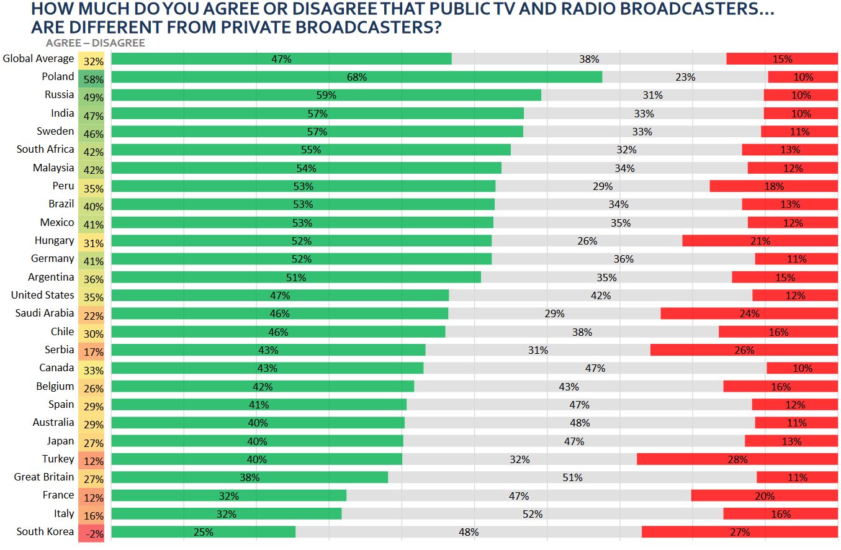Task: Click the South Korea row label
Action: point(45,531)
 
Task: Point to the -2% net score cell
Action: point(92,533)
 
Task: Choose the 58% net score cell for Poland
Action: point(92,79)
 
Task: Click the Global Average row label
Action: point(38,59)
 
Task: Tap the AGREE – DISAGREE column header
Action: point(95,43)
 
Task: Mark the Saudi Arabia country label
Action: point(45,313)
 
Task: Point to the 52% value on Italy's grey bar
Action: point(533,514)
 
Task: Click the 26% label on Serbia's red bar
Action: point(744,350)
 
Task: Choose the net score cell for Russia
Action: point(92,97)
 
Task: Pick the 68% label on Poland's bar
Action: point(357,77)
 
